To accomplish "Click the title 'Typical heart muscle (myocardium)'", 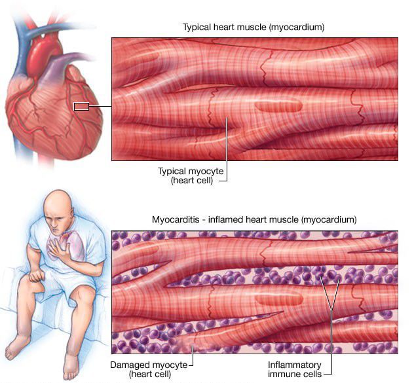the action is tap(254, 27).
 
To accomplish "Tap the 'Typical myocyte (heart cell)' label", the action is tap(191, 176).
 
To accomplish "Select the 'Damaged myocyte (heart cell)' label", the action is tap(149, 369).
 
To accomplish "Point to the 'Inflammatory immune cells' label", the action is tap(295, 369).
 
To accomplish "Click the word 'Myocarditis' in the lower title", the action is tap(176, 219).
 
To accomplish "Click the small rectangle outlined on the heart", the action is tap(81, 107).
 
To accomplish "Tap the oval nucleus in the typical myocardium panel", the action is tap(278, 106).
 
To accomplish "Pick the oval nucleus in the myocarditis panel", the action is tap(279, 299).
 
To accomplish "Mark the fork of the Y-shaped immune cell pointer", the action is tap(331, 310).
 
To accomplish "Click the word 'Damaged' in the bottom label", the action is tap(127, 365).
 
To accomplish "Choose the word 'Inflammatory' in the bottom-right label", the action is tap(294, 365).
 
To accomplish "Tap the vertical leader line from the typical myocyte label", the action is tap(227, 149).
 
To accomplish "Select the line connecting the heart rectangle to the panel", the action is tap(100, 107).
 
